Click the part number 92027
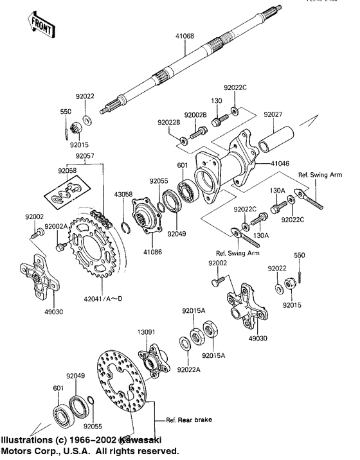point(273,114)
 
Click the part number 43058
point(123,194)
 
